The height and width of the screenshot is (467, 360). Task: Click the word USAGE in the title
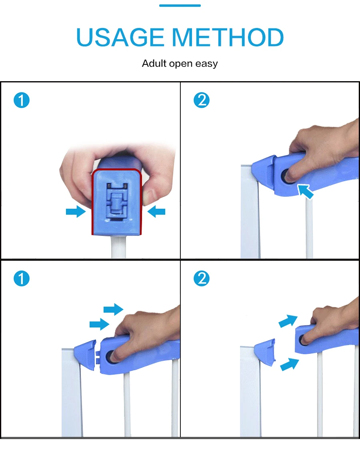[x=120, y=38]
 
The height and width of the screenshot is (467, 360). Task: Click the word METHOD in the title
[x=228, y=38]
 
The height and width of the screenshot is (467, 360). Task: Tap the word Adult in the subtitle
[x=154, y=63]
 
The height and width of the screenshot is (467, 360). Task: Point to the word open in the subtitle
[x=181, y=64]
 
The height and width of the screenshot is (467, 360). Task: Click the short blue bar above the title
[x=180, y=5]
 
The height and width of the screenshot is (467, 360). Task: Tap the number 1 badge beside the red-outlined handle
[x=22, y=100]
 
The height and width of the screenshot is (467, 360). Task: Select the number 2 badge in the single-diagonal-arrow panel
[x=202, y=100]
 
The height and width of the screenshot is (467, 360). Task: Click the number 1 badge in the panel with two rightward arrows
[x=22, y=278]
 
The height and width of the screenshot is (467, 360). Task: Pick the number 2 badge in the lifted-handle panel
[x=202, y=278]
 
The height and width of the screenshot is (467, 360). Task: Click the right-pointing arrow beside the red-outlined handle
[x=76, y=212]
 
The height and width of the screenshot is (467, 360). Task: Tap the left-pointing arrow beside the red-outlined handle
[x=156, y=212]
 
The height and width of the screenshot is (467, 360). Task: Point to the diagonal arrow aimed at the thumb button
[x=306, y=192]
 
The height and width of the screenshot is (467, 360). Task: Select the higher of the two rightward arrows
[x=113, y=309]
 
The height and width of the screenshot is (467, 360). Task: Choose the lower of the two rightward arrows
[x=100, y=324]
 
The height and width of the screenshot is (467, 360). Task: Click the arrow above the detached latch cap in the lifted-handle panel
[x=288, y=321]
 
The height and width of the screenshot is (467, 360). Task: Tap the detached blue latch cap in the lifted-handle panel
[x=265, y=352]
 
